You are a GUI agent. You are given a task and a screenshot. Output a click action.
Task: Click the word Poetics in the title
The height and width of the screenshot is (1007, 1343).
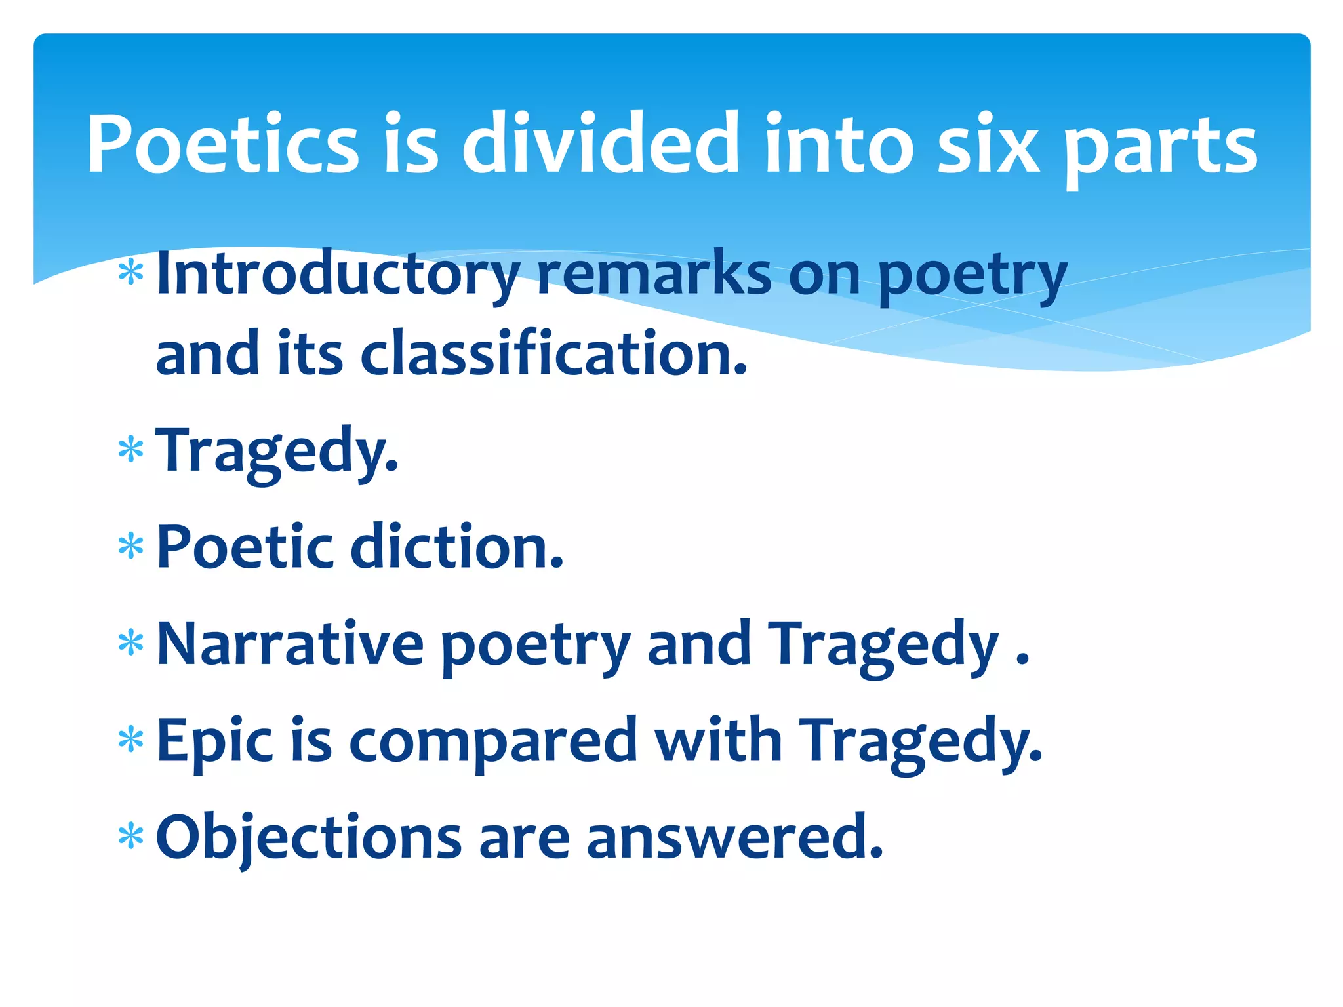click(x=223, y=144)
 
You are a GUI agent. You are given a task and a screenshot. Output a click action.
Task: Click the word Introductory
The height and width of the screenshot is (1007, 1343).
click(x=338, y=274)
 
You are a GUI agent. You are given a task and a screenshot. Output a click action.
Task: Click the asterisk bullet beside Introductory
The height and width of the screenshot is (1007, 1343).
click(x=131, y=272)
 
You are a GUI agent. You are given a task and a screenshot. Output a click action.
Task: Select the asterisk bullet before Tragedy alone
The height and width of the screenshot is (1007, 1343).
click(x=131, y=450)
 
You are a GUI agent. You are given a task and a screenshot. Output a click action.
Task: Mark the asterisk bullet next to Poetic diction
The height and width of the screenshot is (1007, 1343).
click(x=131, y=546)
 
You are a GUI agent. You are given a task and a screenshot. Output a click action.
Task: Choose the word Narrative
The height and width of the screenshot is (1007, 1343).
click(x=291, y=644)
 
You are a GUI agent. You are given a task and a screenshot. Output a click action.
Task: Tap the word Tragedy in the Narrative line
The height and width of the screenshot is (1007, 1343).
click(x=883, y=646)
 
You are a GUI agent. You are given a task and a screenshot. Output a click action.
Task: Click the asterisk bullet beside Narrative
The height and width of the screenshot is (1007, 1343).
click(x=131, y=643)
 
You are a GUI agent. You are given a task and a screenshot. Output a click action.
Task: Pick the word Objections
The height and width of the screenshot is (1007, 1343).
click(x=309, y=837)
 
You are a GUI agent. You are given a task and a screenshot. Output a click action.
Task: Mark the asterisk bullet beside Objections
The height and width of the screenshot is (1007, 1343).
click(x=131, y=837)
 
